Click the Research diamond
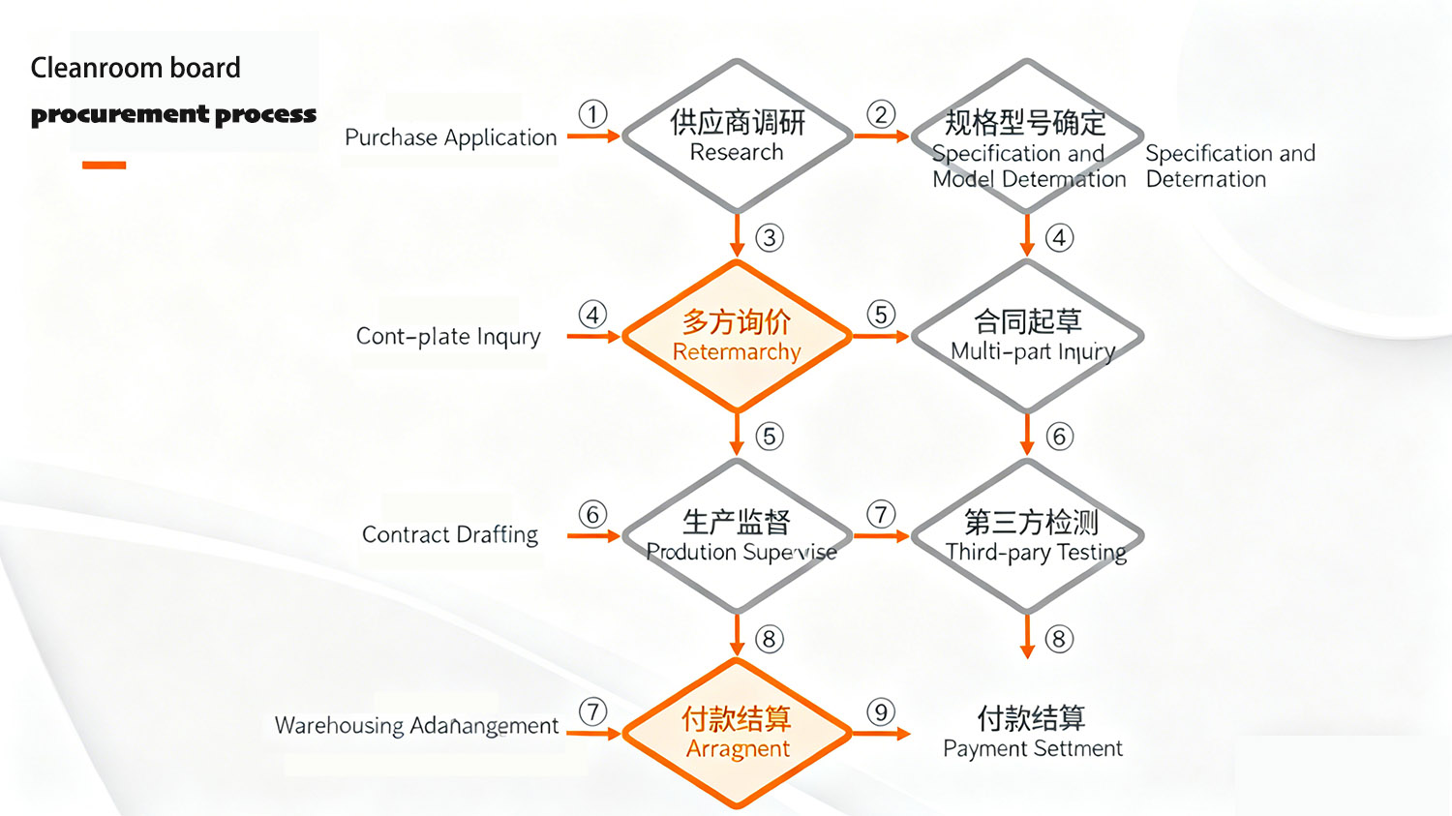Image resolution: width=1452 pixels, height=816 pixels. click(x=737, y=136)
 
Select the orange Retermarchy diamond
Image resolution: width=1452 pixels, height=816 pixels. click(x=737, y=336)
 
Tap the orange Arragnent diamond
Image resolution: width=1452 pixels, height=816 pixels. click(x=737, y=733)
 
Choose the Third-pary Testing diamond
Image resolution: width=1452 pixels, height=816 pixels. click(x=1028, y=535)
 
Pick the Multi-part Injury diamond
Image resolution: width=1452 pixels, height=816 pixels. click(x=1028, y=336)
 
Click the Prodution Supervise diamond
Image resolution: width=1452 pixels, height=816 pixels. click(x=737, y=535)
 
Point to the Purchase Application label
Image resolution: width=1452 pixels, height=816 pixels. click(x=450, y=137)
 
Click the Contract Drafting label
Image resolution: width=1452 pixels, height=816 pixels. click(x=450, y=534)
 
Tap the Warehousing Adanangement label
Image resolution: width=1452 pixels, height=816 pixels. click(x=416, y=726)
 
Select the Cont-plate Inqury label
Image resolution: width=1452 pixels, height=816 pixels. click(x=448, y=336)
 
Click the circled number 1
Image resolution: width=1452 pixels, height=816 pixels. click(x=592, y=114)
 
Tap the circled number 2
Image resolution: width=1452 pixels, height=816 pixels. click(x=881, y=114)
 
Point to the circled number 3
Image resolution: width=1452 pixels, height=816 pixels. click(x=770, y=238)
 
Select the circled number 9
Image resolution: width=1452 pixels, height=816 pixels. click(x=881, y=712)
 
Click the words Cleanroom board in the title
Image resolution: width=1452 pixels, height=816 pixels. click(x=136, y=68)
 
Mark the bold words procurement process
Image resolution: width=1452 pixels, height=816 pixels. click(x=173, y=114)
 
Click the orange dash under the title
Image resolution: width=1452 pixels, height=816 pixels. click(x=105, y=166)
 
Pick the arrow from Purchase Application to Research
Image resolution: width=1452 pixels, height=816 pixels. click(x=592, y=136)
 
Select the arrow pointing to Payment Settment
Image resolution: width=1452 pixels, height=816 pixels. click(x=881, y=734)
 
